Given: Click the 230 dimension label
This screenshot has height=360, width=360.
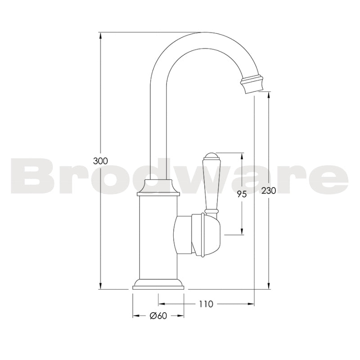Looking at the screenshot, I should tap(269, 190).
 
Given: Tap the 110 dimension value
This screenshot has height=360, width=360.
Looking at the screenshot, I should tap(205, 304).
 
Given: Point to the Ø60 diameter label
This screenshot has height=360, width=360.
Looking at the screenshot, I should tap(158, 316).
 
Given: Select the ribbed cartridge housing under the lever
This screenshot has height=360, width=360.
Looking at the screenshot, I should tap(207, 235).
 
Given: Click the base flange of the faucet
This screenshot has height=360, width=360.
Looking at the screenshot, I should tap(158, 283).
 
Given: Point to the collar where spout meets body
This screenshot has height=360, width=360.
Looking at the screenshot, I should tap(158, 187).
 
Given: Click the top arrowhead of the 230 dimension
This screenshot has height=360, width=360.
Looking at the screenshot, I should tap(269, 95).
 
